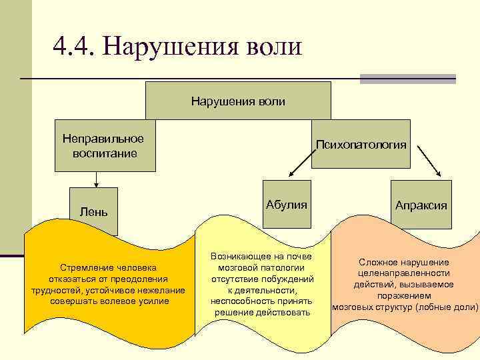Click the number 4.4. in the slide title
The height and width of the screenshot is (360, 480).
(x=75, y=47)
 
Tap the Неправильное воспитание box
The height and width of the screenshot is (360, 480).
(x=103, y=145)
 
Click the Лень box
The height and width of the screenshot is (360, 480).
(x=93, y=211)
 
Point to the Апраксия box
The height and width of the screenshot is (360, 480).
(x=421, y=205)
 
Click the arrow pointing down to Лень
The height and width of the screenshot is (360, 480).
(x=97, y=179)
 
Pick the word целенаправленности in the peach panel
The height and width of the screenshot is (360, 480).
(x=403, y=273)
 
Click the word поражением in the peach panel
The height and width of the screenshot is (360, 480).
(x=403, y=295)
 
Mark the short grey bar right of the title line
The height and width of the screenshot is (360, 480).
(x=407, y=79)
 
